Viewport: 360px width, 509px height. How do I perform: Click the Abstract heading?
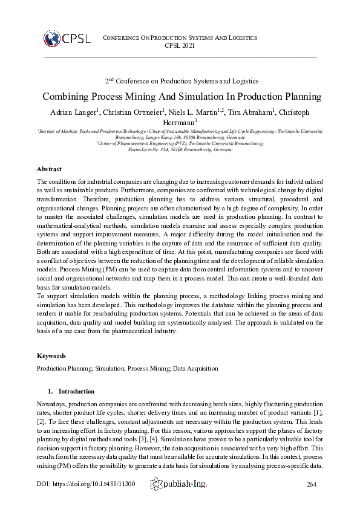49,169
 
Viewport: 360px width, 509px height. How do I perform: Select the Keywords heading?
51,355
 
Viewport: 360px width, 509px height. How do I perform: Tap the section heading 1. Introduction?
71,391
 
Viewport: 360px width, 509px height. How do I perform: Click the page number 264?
312,484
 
